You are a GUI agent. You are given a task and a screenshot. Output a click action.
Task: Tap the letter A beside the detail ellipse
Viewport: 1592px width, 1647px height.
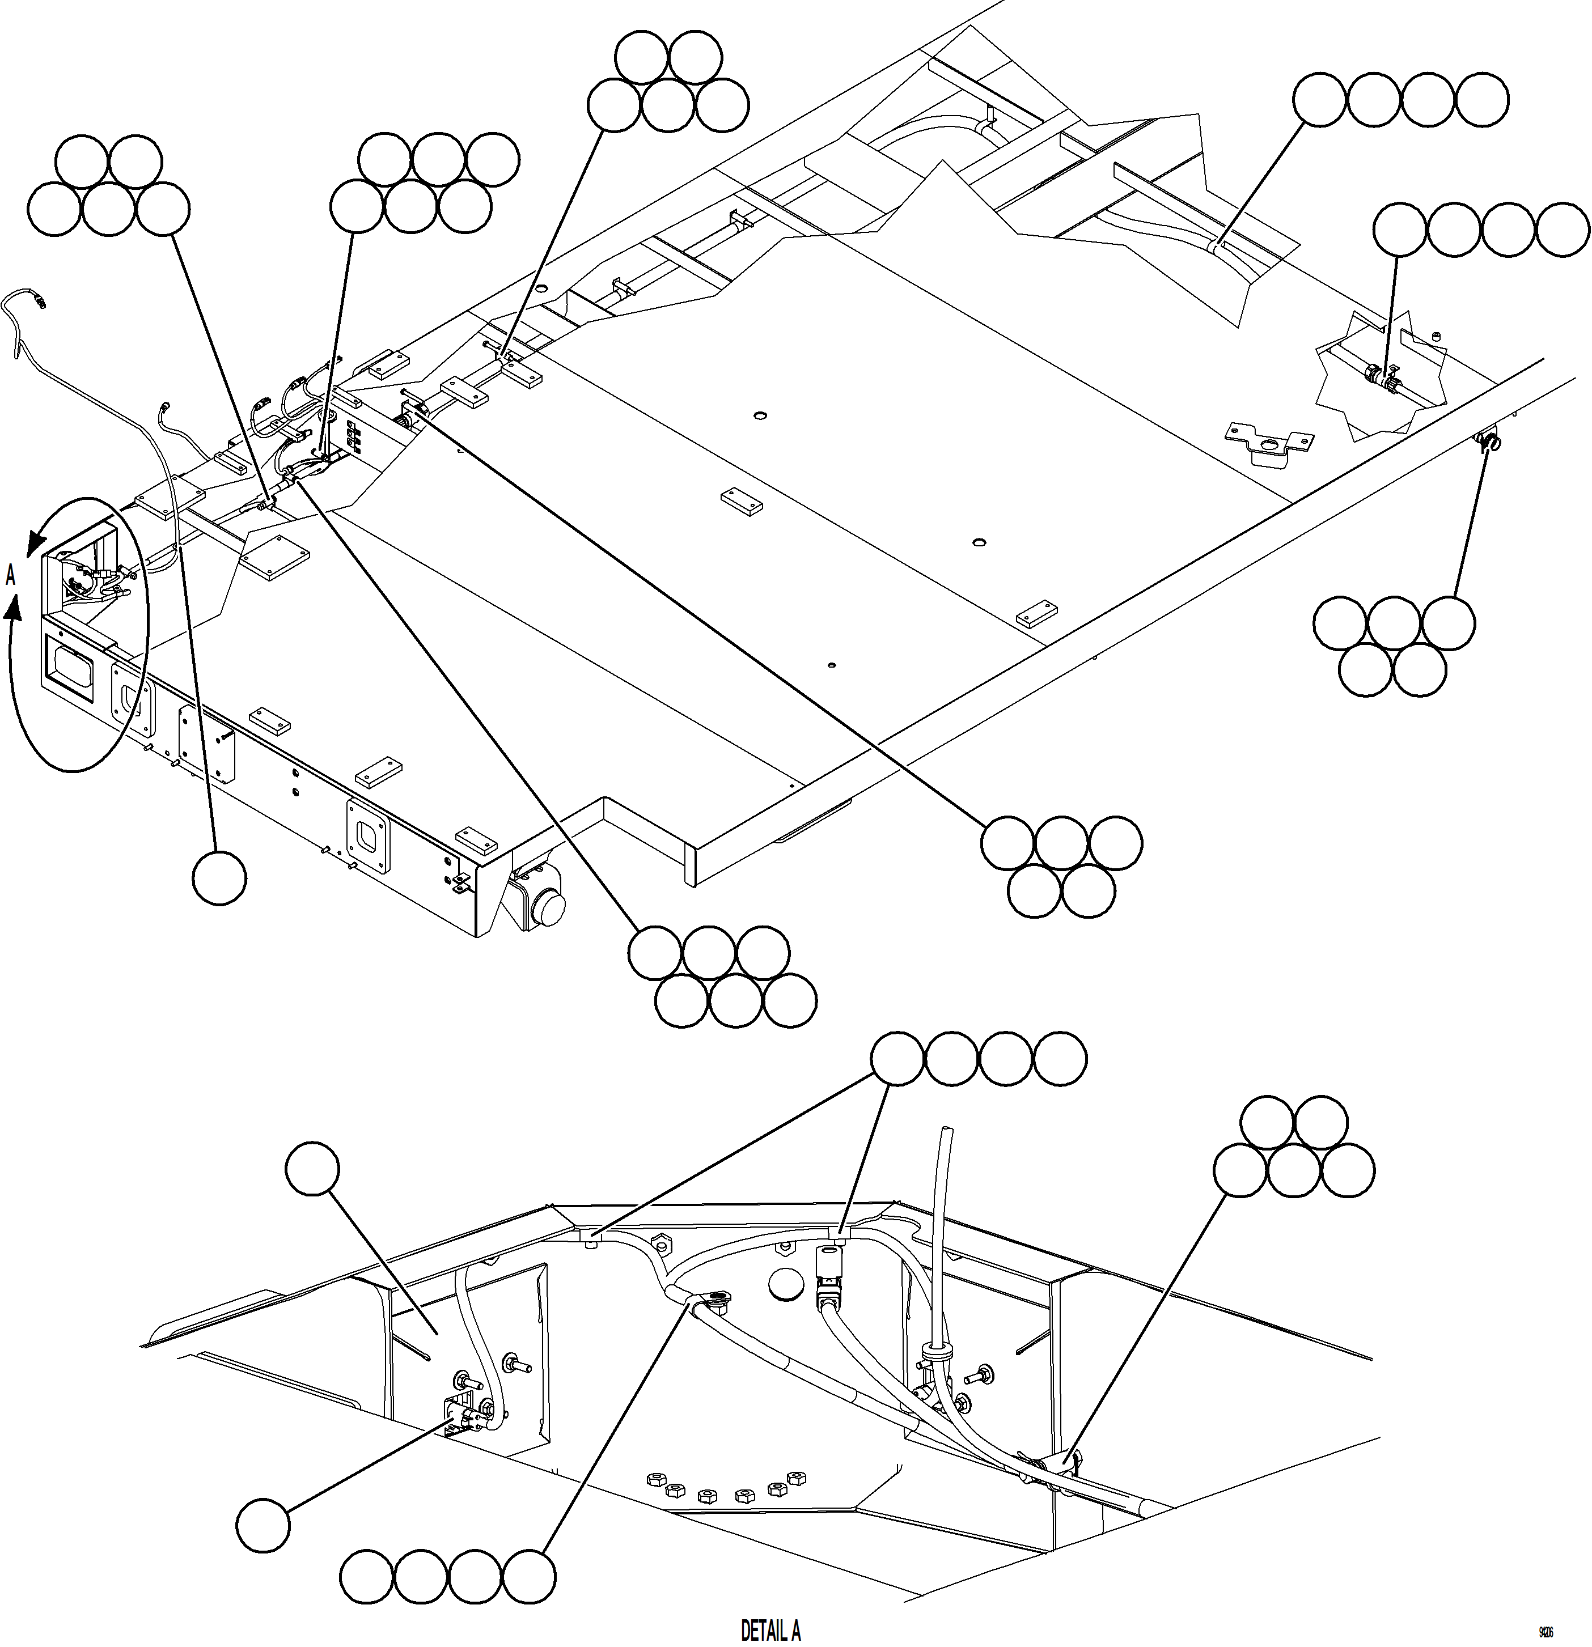[x=11, y=576]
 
